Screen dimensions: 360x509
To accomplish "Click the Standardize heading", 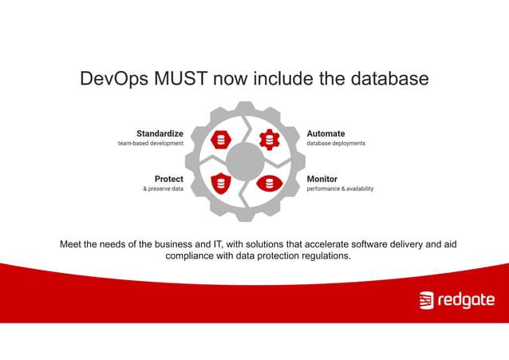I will pyautogui.click(x=160, y=133).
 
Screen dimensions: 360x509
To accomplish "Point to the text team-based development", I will pyautogui.click(x=151, y=144).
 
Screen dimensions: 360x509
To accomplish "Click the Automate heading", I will pyautogui.click(x=326, y=133).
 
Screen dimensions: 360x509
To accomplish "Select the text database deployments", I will pyautogui.click(x=336, y=144).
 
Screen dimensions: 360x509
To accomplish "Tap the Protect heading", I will pyautogui.click(x=168, y=179).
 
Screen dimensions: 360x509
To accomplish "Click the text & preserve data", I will pyautogui.click(x=163, y=189).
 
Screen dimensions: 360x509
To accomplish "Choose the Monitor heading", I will pyautogui.click(x=322, y=179).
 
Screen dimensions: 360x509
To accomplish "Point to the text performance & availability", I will pyautogui.click(x=340, y=189).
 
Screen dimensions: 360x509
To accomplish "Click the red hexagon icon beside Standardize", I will pyautogui.click(x=221, y=140).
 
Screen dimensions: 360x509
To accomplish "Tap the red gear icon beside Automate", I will pyautogui.click(x=269, y=140).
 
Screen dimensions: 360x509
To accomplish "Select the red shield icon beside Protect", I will pyautogui.click(x=221, y=184).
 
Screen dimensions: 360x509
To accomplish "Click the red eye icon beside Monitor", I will pyautogui.click(x=270, y=184).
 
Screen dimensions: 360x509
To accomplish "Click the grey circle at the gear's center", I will pyautogui.click(x=245, y=162).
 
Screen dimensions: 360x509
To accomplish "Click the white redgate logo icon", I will pyautogui.click(x=426, y=301).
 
